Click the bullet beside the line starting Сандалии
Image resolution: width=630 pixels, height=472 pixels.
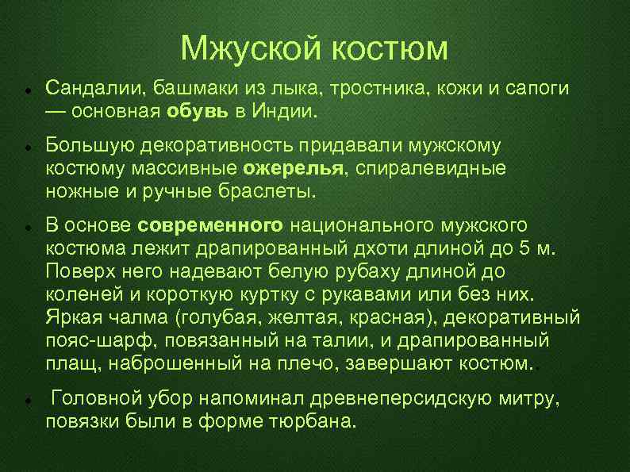click(x=29, y=87)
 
